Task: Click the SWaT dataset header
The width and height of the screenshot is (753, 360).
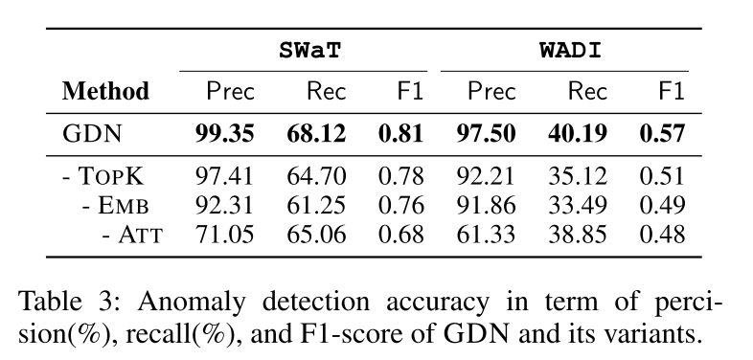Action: [309, 50]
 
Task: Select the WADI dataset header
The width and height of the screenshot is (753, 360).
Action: [571, 50]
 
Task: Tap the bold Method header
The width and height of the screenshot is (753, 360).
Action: [105, 91]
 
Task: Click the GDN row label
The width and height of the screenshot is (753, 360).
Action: [92, 133]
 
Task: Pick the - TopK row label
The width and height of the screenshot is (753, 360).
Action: [103, 176]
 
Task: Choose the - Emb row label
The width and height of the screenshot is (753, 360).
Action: [115, 206]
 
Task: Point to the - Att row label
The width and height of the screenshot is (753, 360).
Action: [132, 235]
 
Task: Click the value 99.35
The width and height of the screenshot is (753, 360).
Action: [224, 133]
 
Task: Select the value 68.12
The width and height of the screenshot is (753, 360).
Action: [316, 133]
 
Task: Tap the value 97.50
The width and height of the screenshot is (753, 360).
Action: [486, 133]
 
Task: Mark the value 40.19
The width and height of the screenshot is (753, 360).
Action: [578, 133]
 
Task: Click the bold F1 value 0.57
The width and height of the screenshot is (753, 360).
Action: [662, 133]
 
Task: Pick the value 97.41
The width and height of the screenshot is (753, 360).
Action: [224, 176]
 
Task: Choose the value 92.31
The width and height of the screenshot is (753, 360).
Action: [224, 206]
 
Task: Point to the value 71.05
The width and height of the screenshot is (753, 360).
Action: [224, 235]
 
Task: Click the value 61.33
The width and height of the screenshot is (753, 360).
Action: [486, 235]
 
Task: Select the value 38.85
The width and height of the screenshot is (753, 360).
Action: [578, 235]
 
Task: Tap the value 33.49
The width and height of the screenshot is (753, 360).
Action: [578, 206]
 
